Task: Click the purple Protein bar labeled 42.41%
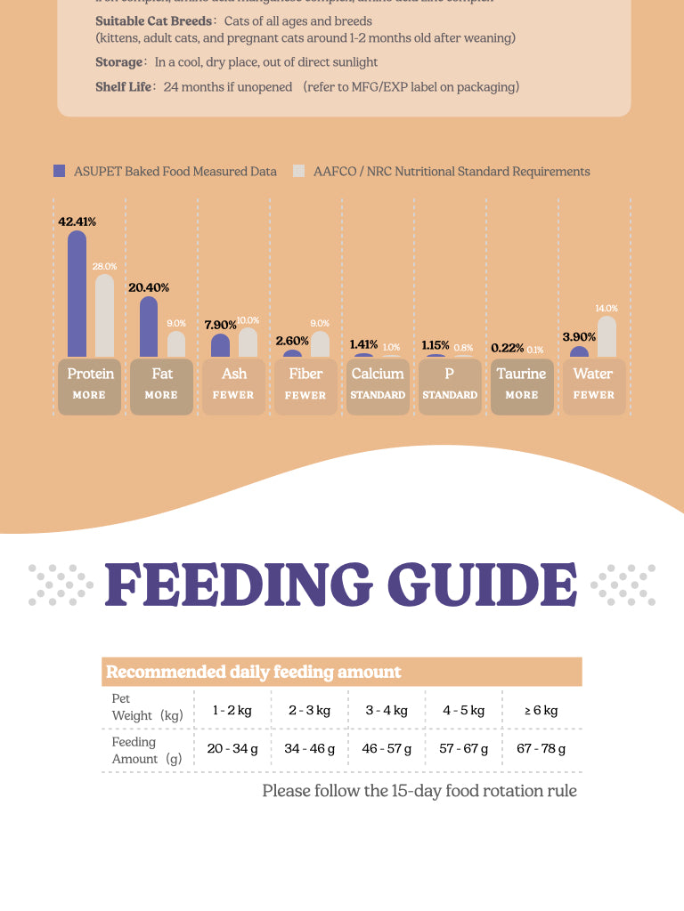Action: click(77, 294)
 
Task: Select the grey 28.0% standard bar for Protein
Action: click(105, 316)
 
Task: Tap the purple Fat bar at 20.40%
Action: click(149, 327)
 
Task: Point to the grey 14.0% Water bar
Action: click(607, 337)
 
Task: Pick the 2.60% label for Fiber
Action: click(292, 341)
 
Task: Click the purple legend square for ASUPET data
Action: click(60, 171)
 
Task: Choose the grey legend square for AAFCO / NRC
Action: click(298, 171)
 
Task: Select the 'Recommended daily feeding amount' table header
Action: click(253, 672)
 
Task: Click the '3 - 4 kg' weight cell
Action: click(387, 710)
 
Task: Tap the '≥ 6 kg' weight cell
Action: click(541, 710)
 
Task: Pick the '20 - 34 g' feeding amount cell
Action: click(232, 749)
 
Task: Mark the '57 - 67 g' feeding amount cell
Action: click(464, 749)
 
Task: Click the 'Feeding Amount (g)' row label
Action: click(146, 750)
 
